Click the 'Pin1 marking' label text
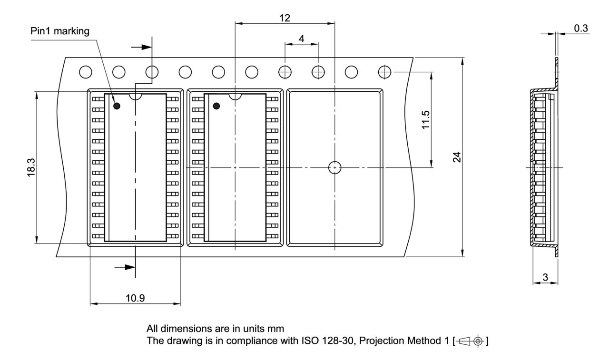[x=59, y=32]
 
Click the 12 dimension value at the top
[x=285, y=18]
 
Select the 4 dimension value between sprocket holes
[x=301, y=39]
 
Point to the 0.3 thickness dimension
[x=580, y=29]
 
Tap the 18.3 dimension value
[x=31, y=168]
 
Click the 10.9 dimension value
[x=135, y=298]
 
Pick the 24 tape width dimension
[x=457, y=157]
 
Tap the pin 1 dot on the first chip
[x=117, y=106]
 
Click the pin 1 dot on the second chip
[x=216, y=106]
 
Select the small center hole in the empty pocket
[x=335, y=167]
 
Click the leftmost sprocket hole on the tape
[x=86, y=72]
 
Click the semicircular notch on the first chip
[x=136, y=96]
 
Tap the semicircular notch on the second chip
[x=235, y=96]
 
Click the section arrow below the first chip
[x=125, y=267]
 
